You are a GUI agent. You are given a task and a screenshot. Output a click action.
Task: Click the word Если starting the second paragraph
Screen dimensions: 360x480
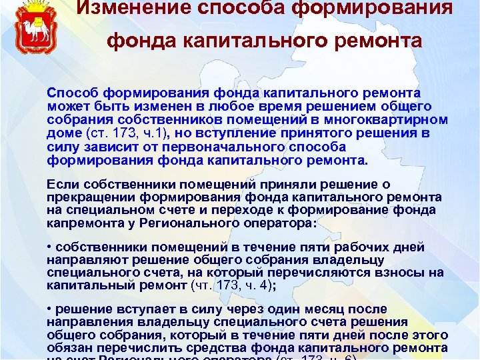coord(61,184)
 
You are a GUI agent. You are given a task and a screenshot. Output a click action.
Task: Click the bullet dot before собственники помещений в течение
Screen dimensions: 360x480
coord(51,248)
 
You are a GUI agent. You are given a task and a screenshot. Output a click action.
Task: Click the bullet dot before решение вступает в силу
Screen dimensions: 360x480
coord(51,310)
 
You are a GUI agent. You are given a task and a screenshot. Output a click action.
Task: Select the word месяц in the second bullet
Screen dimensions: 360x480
coord(335,310)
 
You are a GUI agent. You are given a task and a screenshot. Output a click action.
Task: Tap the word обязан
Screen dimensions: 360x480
coord(68,348)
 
